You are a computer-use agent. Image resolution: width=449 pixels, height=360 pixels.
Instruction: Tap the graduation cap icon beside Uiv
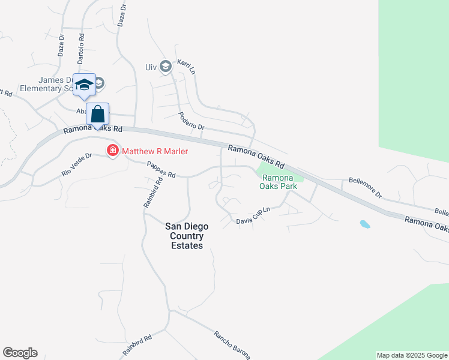coord(166,67)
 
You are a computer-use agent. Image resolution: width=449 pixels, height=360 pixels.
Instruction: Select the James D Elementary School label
coord(54,84)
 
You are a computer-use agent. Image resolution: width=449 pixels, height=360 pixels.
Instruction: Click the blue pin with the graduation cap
coord(84,85)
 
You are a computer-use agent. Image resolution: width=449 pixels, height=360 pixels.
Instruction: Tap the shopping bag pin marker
coord(97,115)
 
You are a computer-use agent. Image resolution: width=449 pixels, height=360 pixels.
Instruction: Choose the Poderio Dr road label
coord(191,121)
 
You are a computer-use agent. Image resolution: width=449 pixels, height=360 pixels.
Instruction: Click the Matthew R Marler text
coord(155,151)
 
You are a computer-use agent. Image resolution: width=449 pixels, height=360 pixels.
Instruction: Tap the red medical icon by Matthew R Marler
coord(112,150)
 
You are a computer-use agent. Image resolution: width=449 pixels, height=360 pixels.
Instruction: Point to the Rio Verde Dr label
coord(76,164)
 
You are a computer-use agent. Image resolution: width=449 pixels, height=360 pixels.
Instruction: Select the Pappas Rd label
coord(160,170)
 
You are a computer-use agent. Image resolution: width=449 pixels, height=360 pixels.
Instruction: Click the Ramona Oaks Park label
coord(278,182)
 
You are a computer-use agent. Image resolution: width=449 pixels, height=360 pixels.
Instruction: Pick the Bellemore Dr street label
coord(366,187)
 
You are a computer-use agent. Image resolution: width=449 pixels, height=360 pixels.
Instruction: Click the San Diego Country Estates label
coord(187,236)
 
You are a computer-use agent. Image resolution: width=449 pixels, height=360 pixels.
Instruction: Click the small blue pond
coord(364,224)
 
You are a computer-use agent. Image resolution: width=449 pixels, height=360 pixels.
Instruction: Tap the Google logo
coord(20,353)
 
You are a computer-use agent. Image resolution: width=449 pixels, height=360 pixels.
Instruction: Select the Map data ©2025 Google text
coord(412,356)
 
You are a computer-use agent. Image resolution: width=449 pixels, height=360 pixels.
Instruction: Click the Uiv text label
coord(151,67)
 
